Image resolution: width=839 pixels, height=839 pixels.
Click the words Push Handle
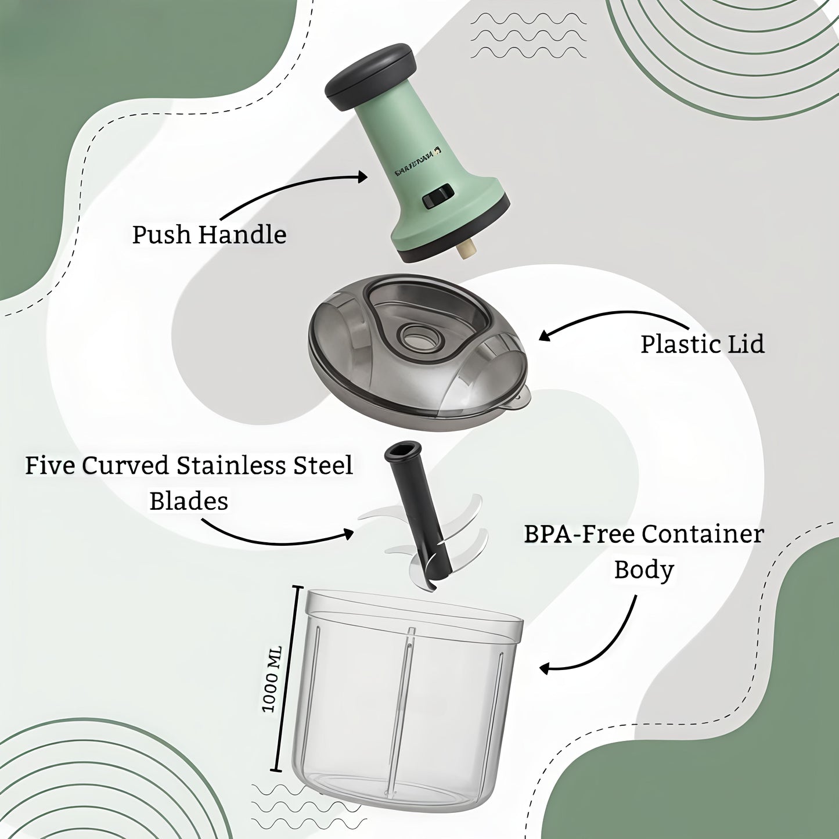(209, 235)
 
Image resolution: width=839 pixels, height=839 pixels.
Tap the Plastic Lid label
(702, 344)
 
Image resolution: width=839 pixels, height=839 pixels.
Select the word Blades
(189, 501)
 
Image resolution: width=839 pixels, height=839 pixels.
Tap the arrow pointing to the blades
(273, 537)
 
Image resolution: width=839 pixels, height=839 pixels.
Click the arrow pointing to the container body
(610, 644)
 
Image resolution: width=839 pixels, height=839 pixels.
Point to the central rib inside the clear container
(405, 714)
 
